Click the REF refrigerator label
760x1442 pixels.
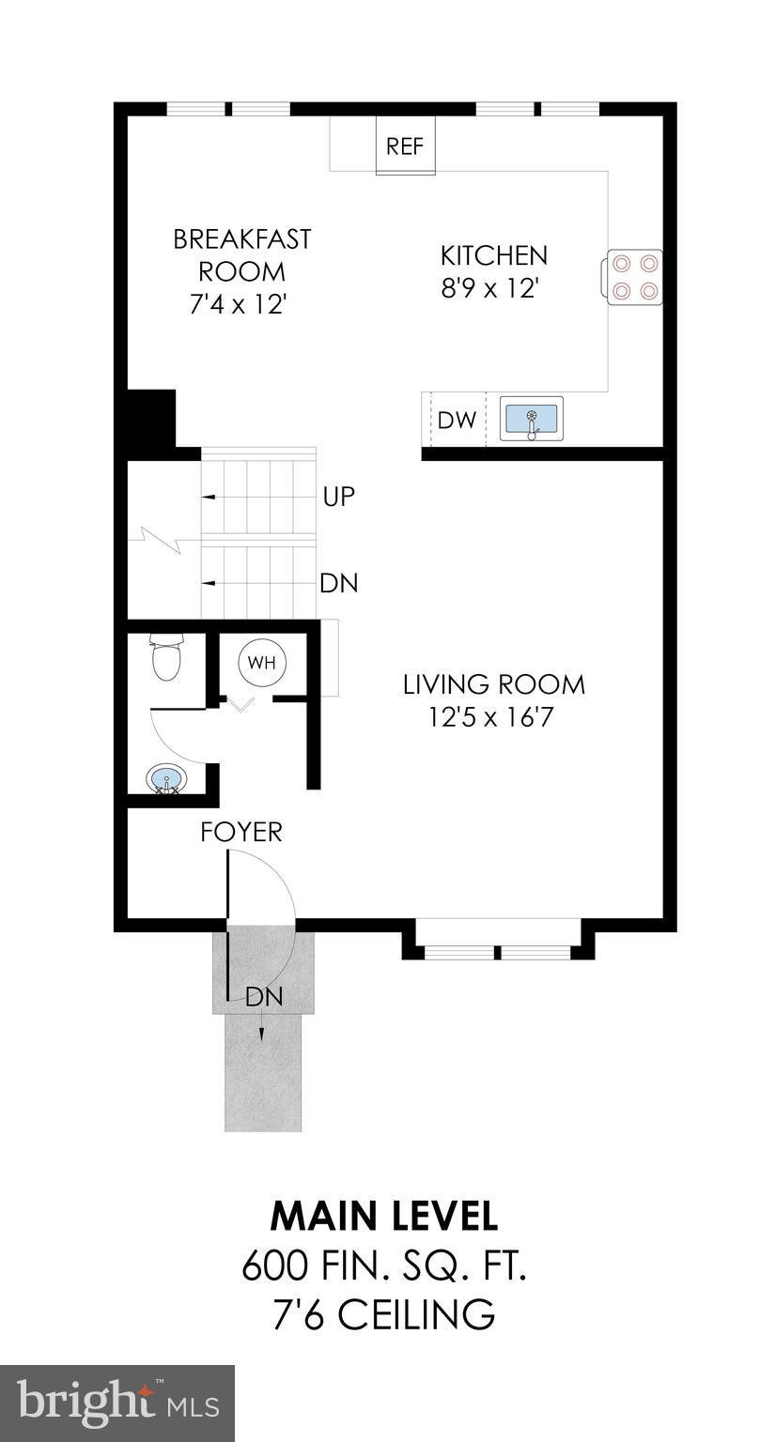[406, 146]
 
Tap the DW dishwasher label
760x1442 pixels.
[457, 420]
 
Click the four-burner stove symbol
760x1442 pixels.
[634, 277]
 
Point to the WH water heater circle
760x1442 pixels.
[262, 662]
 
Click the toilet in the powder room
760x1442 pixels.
[166, 657]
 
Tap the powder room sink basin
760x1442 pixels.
[166, 778]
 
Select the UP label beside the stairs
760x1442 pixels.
[338, 496]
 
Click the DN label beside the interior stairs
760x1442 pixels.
[338, 583]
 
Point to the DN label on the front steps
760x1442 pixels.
[264, 997]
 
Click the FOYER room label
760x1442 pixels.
[241, 832]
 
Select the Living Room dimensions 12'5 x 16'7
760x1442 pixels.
[493, 717]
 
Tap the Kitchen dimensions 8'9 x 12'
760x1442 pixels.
[493, 287]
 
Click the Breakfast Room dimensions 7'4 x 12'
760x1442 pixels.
[241, 304]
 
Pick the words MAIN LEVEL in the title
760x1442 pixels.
[383, 1216]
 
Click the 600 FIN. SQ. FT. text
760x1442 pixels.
[383, 1266]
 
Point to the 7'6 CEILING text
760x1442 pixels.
[383, 1314]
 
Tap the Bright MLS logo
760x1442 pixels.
[117, 1404]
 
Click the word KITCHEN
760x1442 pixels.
[493, 255]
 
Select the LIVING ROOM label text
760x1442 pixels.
[493, 684]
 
